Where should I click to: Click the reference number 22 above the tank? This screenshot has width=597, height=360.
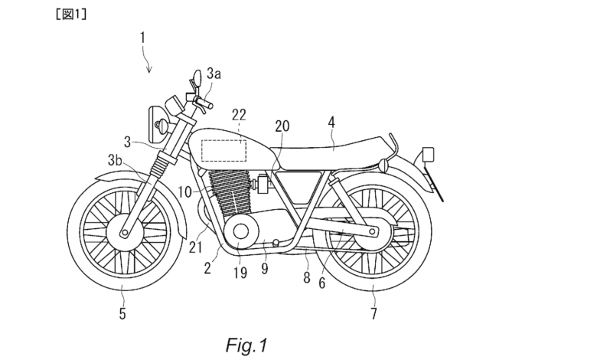pyautogui.click(x=239, y=115)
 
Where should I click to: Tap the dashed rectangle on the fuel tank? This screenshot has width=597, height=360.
pyautogui.click(x=223, y=140)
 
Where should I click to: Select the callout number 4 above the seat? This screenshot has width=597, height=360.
pyautogui.click(x=331, y=123)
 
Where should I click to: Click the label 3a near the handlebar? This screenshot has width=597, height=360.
pyautogui.click(x=214, y=74)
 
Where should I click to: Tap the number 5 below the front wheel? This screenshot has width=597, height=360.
pyautogui.click(x=122, y=313)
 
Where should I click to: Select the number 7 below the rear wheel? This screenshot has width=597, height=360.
pyautogui.click(x=374, y=313)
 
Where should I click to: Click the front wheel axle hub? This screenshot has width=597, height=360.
pyautogui.click(x=125, y=232)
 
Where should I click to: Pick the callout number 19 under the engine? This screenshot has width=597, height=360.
pyautogui.click(x=240, y=273)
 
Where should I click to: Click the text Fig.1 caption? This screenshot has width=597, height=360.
pyautogui.click(x=246, y=345)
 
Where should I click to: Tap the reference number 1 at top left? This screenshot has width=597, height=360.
pyautogui.click(x=142, y=38)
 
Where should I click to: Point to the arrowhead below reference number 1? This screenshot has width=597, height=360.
pyautogui.click(x=150, y=70)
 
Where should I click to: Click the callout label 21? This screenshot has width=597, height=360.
pyautogui.click(x=195, y=247)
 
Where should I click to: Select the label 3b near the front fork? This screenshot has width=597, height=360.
pyautogui.click(x=115, y=161)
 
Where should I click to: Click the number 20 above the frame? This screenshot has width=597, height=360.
pyautogui.click(x=282, y=126)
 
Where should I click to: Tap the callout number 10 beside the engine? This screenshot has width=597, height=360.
pyautogui.click(x=184, y=192)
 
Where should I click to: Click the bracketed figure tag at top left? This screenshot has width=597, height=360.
pyautogui.click(x=71, y=14)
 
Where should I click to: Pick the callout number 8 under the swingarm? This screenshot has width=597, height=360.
pyautogui.click(x=307, y=278)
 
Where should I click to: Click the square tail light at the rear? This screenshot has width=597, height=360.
pyautogui.click(x=429, y=154)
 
